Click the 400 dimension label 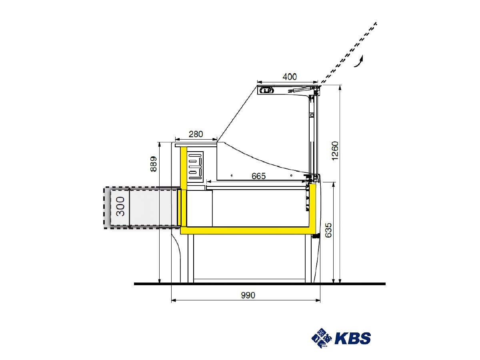(x=290, y=77)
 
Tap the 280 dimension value (x=196, y=134)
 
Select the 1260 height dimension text (x=335, y=151)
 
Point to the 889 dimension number (x=154, y=164)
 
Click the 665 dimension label (x=258, y=176)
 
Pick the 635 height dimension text (x=328, y=230)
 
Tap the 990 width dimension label (x=248, y=295)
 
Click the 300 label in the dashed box (x=120, y=206)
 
